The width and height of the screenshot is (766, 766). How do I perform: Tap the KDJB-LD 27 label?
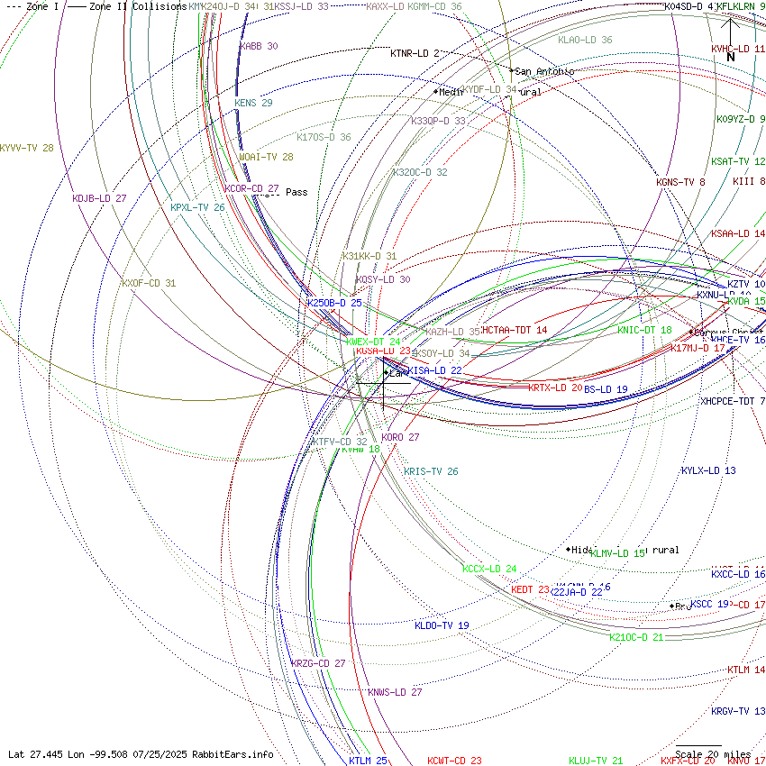[99, 198]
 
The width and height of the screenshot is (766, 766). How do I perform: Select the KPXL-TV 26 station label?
[197, 207]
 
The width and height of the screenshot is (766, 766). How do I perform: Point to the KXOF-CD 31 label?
[149, 283]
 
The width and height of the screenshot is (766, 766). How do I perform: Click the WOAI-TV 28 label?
[266, 157]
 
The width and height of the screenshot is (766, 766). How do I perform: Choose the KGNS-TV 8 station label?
[680, 182]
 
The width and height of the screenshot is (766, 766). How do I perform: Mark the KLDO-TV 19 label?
[442, 625]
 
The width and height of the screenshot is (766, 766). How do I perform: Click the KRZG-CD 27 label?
[318, 663]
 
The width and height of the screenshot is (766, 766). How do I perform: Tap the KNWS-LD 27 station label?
[395, 692]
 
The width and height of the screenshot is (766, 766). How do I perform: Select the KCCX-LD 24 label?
[489, 569]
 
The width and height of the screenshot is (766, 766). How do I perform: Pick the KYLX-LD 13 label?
[708, 470]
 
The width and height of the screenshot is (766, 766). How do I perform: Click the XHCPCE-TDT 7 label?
[733, 401]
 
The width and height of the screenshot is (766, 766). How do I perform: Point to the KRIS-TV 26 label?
[431, 471]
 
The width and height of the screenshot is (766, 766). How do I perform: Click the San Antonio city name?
[544, 71]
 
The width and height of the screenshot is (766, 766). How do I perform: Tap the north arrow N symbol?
[731, 57]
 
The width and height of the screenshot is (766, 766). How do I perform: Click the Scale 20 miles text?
[713, 754]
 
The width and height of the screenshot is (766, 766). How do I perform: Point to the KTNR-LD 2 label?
[415, 53]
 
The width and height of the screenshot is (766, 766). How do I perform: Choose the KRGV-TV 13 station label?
[737, 711]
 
